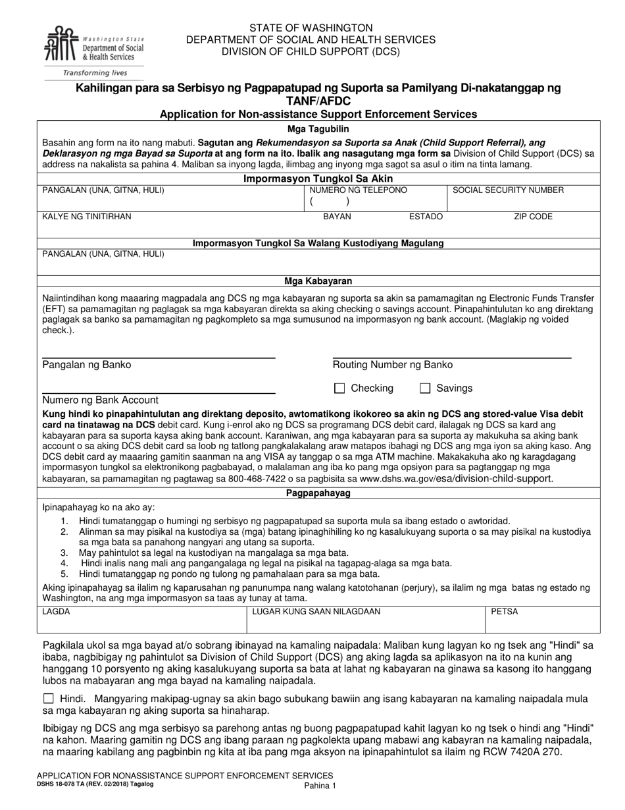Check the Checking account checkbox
(339, 389)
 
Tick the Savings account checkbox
(425, 389)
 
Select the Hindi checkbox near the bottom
(49, 699)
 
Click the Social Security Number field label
(509, 190)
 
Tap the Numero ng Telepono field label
(359, 190)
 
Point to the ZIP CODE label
(533, 217)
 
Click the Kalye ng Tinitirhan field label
(87, 217)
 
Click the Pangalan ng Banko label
(87, 365)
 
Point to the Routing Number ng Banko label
(392, 365)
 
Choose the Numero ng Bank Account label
(101, 400)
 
